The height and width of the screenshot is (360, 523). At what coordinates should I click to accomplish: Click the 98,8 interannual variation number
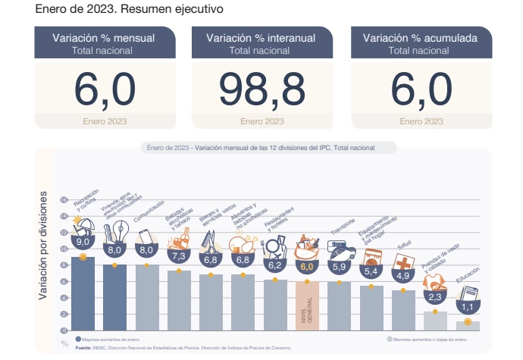pyautogui.click(x=261, y=90)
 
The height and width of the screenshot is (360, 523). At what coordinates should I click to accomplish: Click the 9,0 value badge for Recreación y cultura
pyautogui.click(x=83, y=242)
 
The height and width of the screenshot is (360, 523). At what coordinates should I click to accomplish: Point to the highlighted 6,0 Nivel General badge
pyautogui.click(x=307, y=267)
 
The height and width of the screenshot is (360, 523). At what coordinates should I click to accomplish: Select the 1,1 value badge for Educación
pyautogui.click(x=468, y=308)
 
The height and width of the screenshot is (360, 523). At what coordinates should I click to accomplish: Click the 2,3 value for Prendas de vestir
pyautogui.click(x=436, y=297)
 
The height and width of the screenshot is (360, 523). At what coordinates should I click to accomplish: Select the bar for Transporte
pyautogui.click(x=339, y=307)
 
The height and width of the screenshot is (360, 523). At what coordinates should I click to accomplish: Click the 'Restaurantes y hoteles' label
pyautogui.click(x=277, y=221)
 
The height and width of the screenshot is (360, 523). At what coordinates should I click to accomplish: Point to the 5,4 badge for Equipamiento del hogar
pyautogui.click(x=371, y=271)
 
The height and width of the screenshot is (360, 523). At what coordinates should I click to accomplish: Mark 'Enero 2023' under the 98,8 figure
pyautogui.click(x=261, y=121)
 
